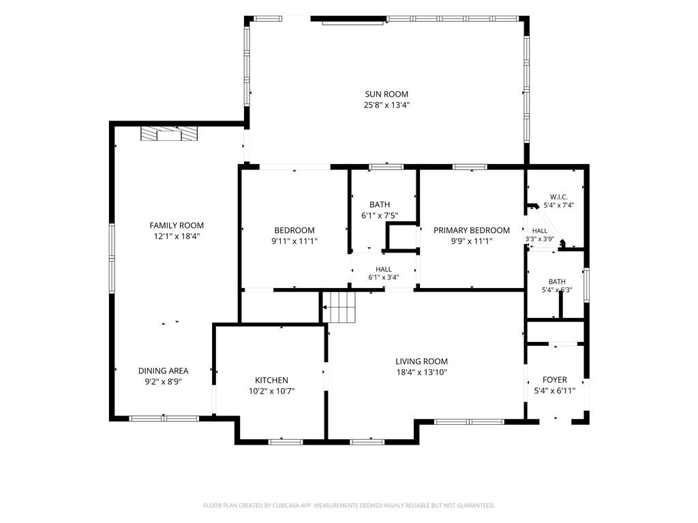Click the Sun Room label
click(386, 94)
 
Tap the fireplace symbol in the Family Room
click(169, 134)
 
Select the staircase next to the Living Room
click(339, 307)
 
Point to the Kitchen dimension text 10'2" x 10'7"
click(271, 392)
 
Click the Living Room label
click(421, 362)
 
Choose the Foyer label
click(555, 380)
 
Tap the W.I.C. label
click(559, 197)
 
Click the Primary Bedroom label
click(472, 230)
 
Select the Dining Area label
click(164, 371)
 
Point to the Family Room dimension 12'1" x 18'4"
click(177, 236)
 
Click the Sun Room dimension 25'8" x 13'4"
click(386, 106)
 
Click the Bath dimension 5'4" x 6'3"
click(557, 290)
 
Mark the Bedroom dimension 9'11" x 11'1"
click(294, 242)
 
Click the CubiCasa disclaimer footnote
click(349, 506)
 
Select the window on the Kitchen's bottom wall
click(286, 442)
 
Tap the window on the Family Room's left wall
click(112, 258)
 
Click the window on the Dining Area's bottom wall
click(164, 419)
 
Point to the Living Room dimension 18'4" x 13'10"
click(421, 373)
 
